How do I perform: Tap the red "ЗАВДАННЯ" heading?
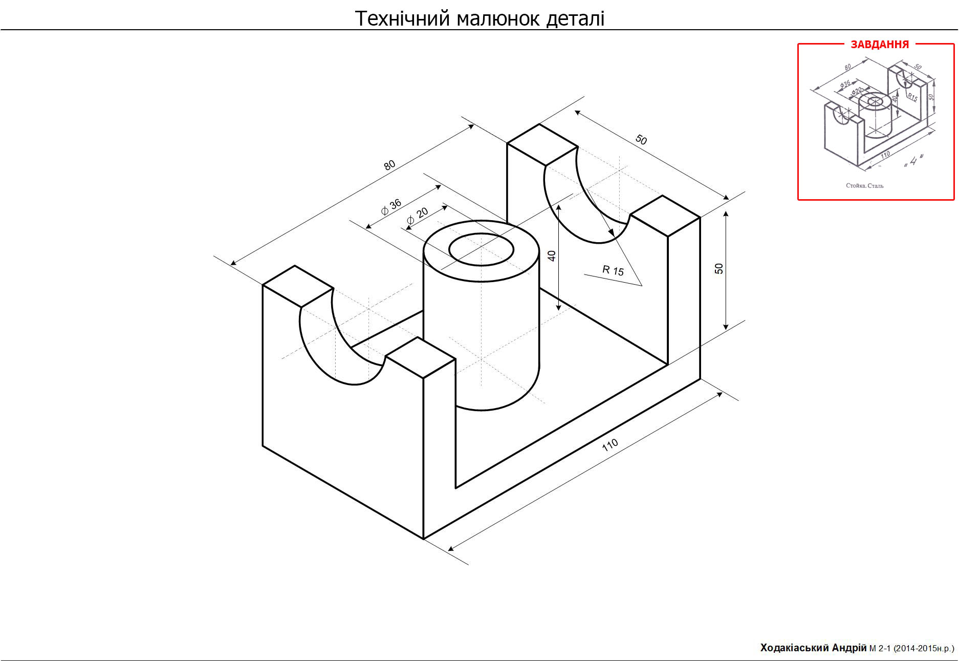pyautogui.click(x=880, y=45)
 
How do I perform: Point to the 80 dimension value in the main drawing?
pyautogui.click(x=389, y=165)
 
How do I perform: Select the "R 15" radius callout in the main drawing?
pyautogui.click(x=613, y=270)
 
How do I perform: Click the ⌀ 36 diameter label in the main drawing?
pyautogui.click(x=391, y=207)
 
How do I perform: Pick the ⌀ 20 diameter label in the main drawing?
pyautogui.click(x=418, y=216)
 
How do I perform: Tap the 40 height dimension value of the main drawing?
pyautogui.click(x=552, y=256)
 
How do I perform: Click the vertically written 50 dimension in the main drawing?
pyautogui.click(x=719, y=269)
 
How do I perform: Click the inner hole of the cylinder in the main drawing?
pyautogui.click(x=481, y=250)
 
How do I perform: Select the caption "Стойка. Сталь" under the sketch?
pyautogui.click(x=864, y=185)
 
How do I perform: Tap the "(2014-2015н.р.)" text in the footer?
pyautogui.click(x=924, y=649)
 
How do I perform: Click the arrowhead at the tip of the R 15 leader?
pyautogui.click(x=611, y=233)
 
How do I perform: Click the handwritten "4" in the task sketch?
pyautogui.click(x=914, y=161)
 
